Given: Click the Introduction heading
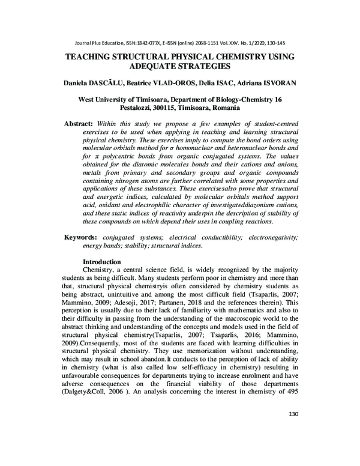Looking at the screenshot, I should (101, 262).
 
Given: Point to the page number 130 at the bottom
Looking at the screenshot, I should (293, 447).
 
